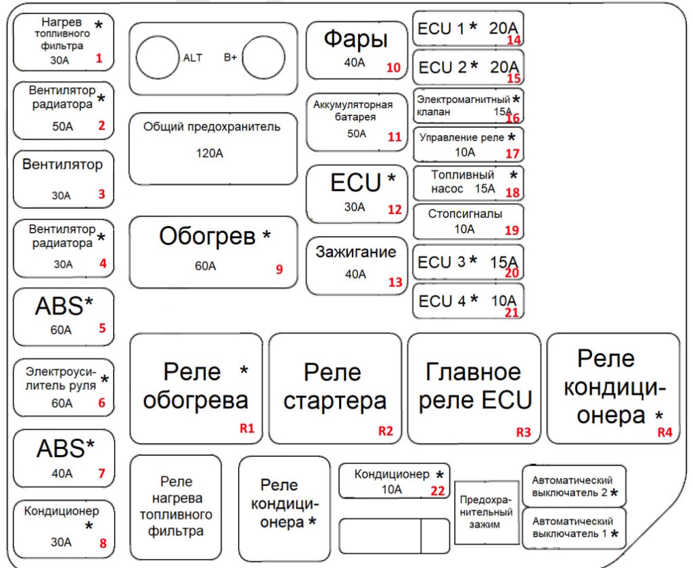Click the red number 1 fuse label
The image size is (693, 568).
pyautogui.click(x=99, y=58)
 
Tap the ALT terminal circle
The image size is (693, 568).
pyautogui.click(x=158, y=58)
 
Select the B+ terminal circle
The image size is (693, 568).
pyautogui.click(x=263, y=58)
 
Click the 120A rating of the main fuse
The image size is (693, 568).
pyautogui.click(x=210, y=154)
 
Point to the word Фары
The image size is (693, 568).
pyautogui.click(x=356, y=40)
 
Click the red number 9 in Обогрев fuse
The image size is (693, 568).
pyautogui.click(x=279, y=269)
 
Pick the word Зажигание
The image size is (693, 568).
pyautogui.click(x=356, y=252)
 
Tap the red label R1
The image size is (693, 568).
pyautogui.click(x=247, y=428)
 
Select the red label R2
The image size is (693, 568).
pyautogui.click(x=386, y=431)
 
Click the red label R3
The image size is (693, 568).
pyautogui.click(x=524, y=432)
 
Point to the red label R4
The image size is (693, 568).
pyautogui.click(x=665, y=432)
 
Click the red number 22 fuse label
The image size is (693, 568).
pyautogui.click(x=438, y=491)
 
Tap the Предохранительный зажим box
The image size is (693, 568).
pyautogui.click(x=487, y=512)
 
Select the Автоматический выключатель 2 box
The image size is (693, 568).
pyautogui.click(x=574, y=486)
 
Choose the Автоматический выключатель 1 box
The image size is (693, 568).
pyautogui.click(x=574, y=528)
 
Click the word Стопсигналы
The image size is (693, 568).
pyautogui.click(x=465, y=214)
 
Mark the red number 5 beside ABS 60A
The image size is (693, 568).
pyautogui.click(x=102, y=328)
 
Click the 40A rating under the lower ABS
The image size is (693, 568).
pyautogui.click(x=62, y=473)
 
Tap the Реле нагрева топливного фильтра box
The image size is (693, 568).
pyautogui.click(x=176, y=508)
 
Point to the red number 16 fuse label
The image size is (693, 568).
pyautogui.click(x=513, y=118)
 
